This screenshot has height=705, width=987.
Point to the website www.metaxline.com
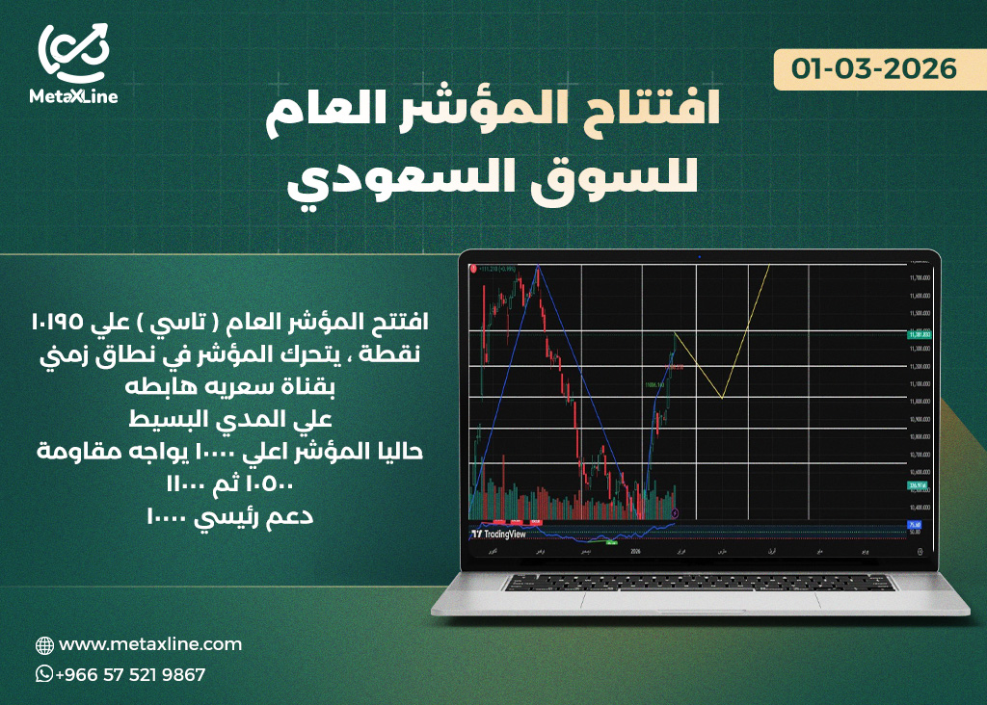point(149,644)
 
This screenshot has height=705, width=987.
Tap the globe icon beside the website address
point(44,645)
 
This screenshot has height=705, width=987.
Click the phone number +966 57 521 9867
point(130,675)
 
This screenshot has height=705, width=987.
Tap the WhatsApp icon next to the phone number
point(44,674)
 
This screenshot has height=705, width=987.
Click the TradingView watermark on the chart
point(500,534)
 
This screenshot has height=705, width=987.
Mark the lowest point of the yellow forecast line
point(721,397)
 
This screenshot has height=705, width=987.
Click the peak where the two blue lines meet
point(538,266)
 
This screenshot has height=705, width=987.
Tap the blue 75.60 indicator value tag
point(915,525)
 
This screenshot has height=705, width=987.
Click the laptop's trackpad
point(698,599)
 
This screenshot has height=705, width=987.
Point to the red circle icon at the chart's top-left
point(473,270)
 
